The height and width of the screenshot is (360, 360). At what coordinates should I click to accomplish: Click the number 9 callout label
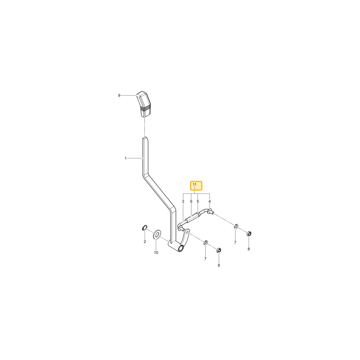(119, 95)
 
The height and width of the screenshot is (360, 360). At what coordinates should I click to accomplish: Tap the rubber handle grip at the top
(144, 104)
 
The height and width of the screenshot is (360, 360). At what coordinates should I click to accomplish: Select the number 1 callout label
(126, 158)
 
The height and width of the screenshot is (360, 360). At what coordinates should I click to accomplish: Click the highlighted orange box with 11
(196, 186)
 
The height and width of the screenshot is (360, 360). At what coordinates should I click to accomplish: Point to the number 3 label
(183, 202)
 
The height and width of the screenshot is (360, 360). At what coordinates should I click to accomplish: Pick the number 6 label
(191, 202)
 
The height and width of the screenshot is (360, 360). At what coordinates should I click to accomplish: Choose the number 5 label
(198, 202)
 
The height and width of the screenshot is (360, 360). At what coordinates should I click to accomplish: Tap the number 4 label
(210, 202)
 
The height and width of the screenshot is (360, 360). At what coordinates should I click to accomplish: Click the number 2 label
(145, 242)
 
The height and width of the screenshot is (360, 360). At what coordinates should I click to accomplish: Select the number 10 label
(156, 253)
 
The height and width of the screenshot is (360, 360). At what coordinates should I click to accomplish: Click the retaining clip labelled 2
(144, 228)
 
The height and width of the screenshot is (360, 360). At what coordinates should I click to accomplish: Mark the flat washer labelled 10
(157, 234)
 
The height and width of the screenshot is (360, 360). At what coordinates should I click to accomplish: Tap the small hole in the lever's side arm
(187, 232)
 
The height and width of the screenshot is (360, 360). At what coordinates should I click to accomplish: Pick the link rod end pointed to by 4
(210, 211)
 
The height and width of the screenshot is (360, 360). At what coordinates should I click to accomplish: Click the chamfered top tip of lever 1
(145, 138)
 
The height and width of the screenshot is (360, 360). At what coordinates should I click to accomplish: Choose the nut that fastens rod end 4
(248, 234)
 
